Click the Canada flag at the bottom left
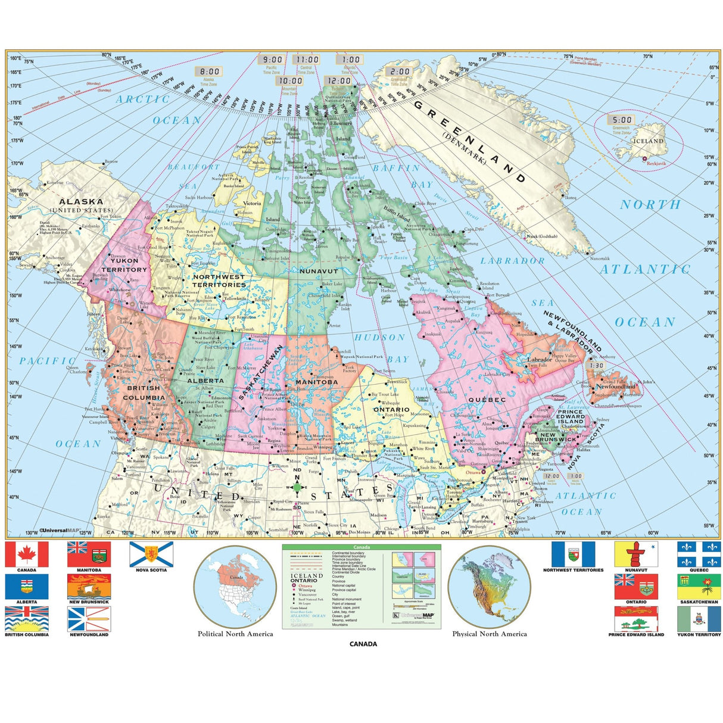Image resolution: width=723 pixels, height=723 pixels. coord(26,554)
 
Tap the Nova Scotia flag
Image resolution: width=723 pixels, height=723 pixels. coord(151,554)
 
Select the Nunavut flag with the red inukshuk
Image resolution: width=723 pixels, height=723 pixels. coord(636,554)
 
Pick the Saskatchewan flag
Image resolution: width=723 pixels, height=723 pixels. coord(699,586)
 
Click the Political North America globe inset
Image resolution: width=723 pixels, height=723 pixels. coord(235,587)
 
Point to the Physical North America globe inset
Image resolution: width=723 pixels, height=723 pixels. coord(489,587)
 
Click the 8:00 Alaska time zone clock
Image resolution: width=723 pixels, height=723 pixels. coord(210,71)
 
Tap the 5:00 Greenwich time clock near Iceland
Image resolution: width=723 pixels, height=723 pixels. coord(622,120)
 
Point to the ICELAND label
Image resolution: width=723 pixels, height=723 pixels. coord(647,141)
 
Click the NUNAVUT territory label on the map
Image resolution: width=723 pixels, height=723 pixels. coord(319,271)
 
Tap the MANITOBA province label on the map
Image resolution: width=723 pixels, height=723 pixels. coord(316,382)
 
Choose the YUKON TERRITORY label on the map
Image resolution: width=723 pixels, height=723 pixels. coord(124,265)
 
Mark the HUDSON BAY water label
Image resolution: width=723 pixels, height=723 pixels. coord(388,348)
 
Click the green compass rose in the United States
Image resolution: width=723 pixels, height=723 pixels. coord(297,487)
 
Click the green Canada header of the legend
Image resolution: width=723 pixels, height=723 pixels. coord(361,547)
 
